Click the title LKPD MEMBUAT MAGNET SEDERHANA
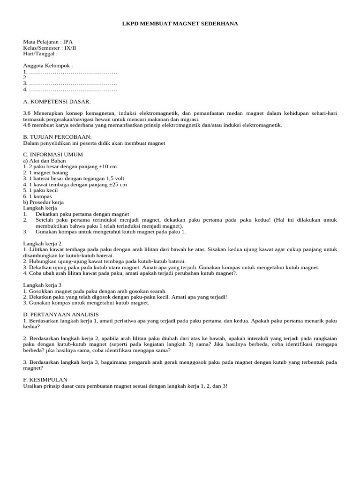click(x=180, y=23)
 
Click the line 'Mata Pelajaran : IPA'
click(x=48, y=41)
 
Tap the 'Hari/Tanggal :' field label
click(x=40, y=53)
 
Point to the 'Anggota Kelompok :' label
click(x=48, y=66)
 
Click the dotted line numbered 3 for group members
click(x=70, y=83)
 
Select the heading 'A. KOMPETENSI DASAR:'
click(x=57, y=101)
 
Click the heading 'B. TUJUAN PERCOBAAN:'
click(x=57, y=137)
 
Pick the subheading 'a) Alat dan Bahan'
click(x=45, y=161)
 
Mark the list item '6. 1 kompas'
click(x=37, y=196)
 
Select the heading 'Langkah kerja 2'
click(x=43, y=243)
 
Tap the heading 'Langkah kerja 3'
click(x=43, y=285)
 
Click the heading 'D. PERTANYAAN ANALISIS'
click(x=61, y=314)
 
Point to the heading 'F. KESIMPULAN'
click(x=45, y=379)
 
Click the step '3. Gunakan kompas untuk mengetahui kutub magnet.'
click(x=86, y=303)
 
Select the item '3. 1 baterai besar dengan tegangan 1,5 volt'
click(x=74, y=179)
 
